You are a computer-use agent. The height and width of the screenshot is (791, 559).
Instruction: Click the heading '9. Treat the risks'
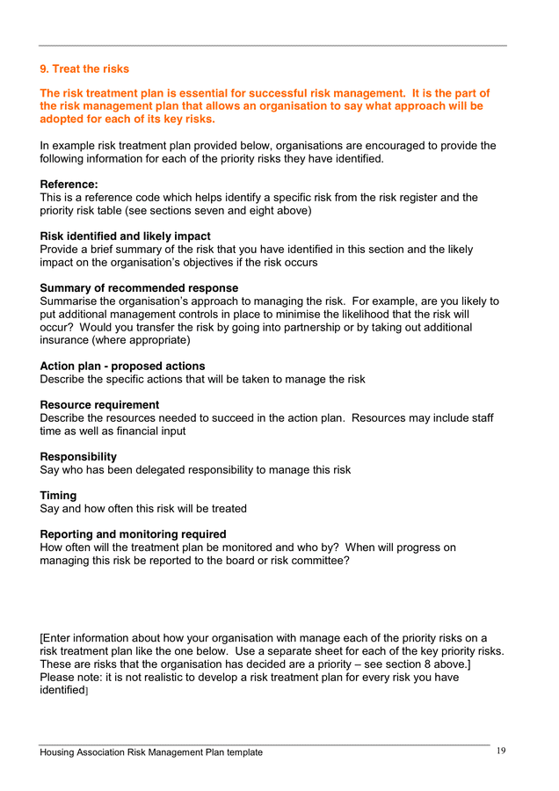(x=84, y=69)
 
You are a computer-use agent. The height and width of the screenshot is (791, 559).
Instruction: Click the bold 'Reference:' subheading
(x=69, y=185)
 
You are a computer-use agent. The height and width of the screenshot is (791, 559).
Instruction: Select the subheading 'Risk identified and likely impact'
(x=125, y=236)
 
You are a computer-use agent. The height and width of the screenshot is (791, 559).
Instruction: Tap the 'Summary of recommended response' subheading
(x=139, y=288)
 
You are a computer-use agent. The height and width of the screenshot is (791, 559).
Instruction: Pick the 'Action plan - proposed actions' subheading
(x=122, y=366)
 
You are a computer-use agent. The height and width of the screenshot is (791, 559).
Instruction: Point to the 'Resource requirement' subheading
(x=99, y=405)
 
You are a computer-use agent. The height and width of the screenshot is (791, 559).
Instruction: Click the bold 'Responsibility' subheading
(x=78, y=457)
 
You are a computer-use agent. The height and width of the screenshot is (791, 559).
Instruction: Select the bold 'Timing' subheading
(x=58, y=496)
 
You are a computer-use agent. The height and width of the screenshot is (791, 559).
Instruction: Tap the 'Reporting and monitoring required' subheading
(x=133, y=534)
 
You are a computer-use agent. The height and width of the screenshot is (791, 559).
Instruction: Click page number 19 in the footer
(x=501, y=751)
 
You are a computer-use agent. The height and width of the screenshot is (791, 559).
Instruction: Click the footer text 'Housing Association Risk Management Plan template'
(x=151, y=752)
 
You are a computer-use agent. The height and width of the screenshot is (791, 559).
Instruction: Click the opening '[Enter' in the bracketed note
(x=57, y=638)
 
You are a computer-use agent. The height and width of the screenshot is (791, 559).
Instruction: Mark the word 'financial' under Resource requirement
(x=145, y=432)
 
